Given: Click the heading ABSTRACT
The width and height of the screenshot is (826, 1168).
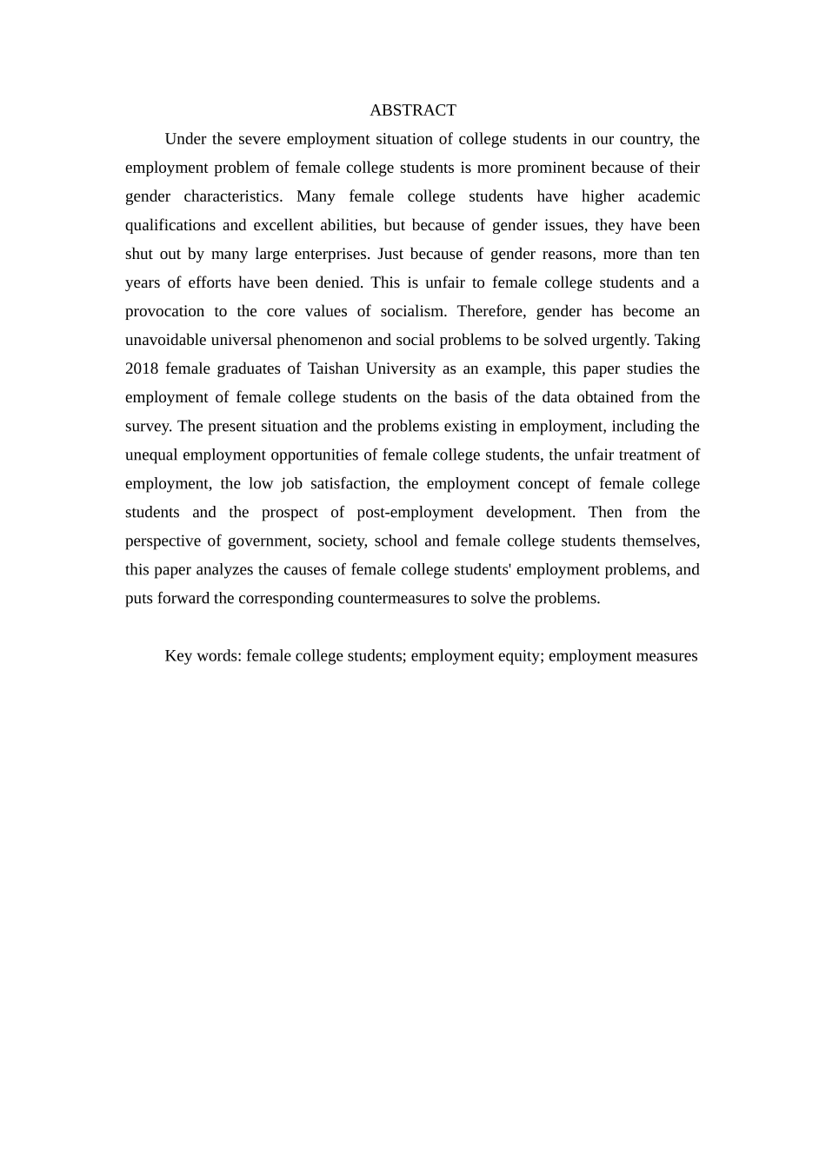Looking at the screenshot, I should (x=412, y=110).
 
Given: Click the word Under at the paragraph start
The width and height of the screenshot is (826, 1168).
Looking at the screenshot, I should (x=184, y=139).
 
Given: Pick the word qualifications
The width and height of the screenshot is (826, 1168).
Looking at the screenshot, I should (x=170, y=225).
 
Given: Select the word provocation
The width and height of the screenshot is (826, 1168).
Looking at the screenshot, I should (x=165, y=311).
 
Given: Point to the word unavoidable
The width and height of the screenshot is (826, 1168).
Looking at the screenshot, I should (x=165, y=340).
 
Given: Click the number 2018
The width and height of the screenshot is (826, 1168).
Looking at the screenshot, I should (x=142, y=368).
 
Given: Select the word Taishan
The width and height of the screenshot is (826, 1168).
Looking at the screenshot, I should (x=333, y=368).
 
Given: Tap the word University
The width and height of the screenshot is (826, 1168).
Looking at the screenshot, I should (x=400, y=368).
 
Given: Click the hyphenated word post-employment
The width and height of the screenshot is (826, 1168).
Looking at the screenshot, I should (x=415, y=512).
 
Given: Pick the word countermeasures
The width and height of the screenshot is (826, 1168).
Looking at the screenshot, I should (x=393, y=598).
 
